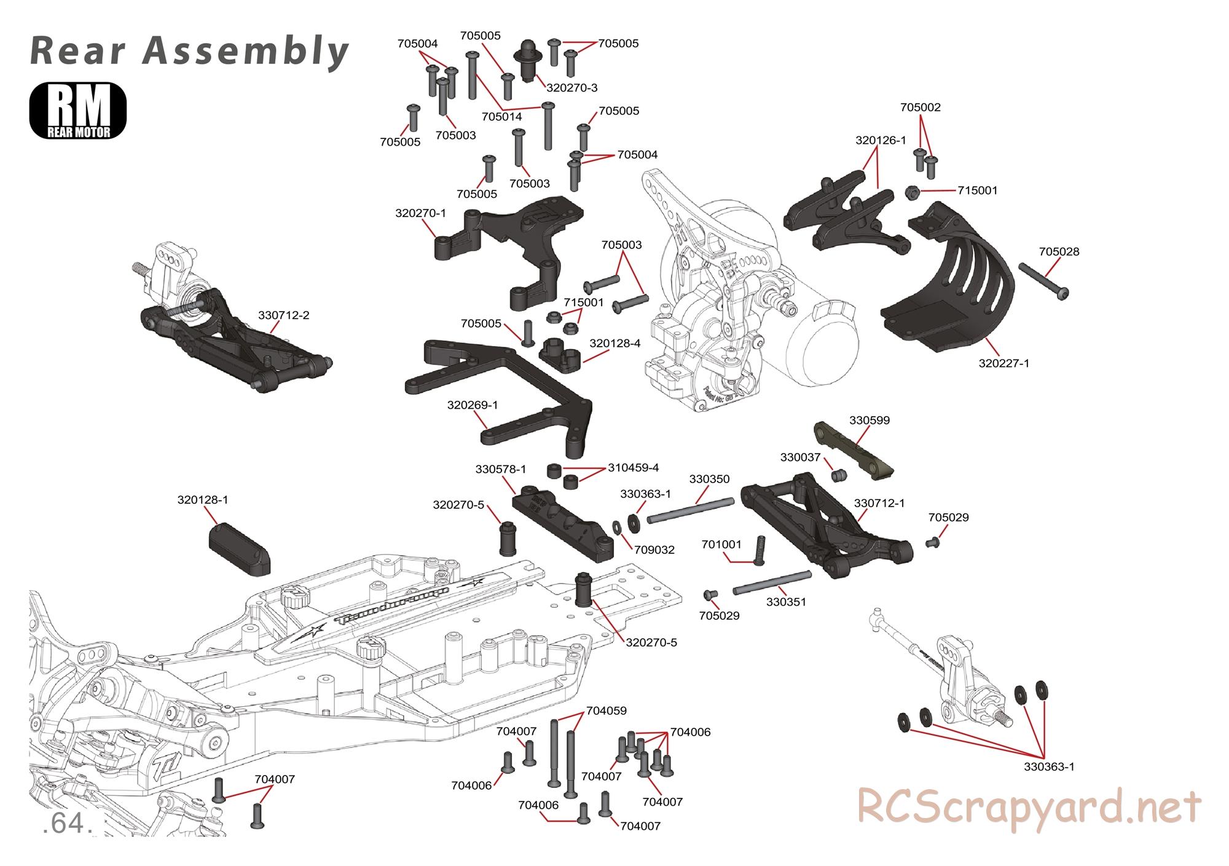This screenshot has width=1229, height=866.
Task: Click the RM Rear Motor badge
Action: pos(77,111)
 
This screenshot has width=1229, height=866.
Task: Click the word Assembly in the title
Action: pos(246,50)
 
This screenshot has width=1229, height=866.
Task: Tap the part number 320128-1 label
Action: pos(203,500)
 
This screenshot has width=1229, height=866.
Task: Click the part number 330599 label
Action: pos(870,420)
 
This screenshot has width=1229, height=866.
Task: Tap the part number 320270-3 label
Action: pos(571,88)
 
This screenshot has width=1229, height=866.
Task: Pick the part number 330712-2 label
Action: pos(284,315)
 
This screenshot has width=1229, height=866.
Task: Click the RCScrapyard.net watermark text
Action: pos(1029,806)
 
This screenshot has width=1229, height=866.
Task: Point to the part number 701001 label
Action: pos(722,545)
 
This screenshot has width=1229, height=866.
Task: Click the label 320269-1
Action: pos(473,405)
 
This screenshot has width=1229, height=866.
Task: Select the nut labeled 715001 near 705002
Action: pos(913,192)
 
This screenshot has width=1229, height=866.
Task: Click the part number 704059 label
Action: pos(607,711)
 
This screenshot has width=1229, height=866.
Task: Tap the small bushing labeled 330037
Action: pos(838,476)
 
